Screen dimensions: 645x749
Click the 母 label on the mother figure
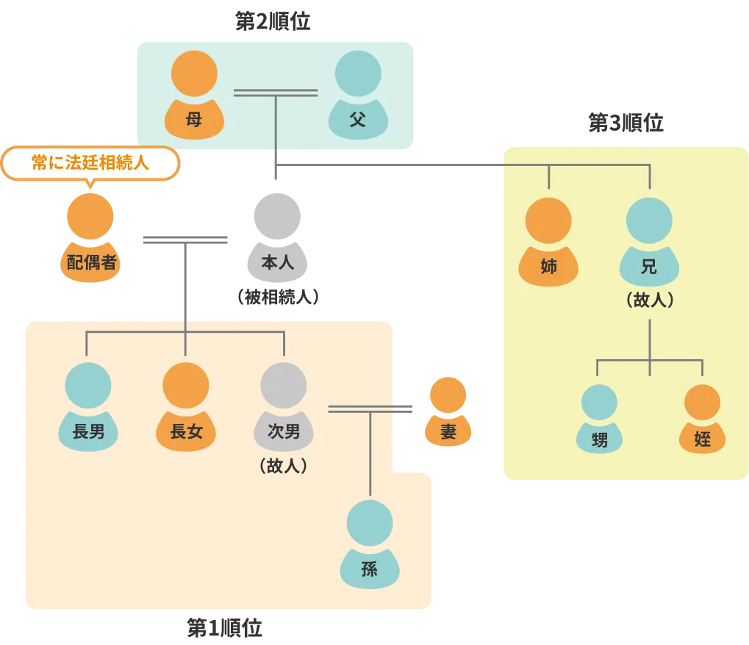tap(194, 119)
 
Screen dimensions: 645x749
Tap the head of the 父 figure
tap(358, 73)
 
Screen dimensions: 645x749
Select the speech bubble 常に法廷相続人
tap(90, 162)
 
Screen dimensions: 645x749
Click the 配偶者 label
tap(92, 262)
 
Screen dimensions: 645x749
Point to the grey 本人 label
tap(278, 262)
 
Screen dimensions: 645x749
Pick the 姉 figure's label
tap(548, 267)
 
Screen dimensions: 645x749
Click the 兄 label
tap(649, 267)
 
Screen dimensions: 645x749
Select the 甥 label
tap(600, 439)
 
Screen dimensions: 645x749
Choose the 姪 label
tap(702, 439)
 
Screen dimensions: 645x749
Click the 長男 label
tap(88, 432)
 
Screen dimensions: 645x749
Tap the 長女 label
tap(186, 432)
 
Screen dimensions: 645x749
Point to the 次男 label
tap(284, 432)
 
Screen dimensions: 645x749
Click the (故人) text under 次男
tap(283, 466)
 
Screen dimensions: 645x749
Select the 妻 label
tap(448, 432)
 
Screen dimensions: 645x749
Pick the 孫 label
tap(370, 569)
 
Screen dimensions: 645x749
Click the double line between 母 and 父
tap(276, 93)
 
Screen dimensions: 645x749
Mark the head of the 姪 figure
tap(702, 402)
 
